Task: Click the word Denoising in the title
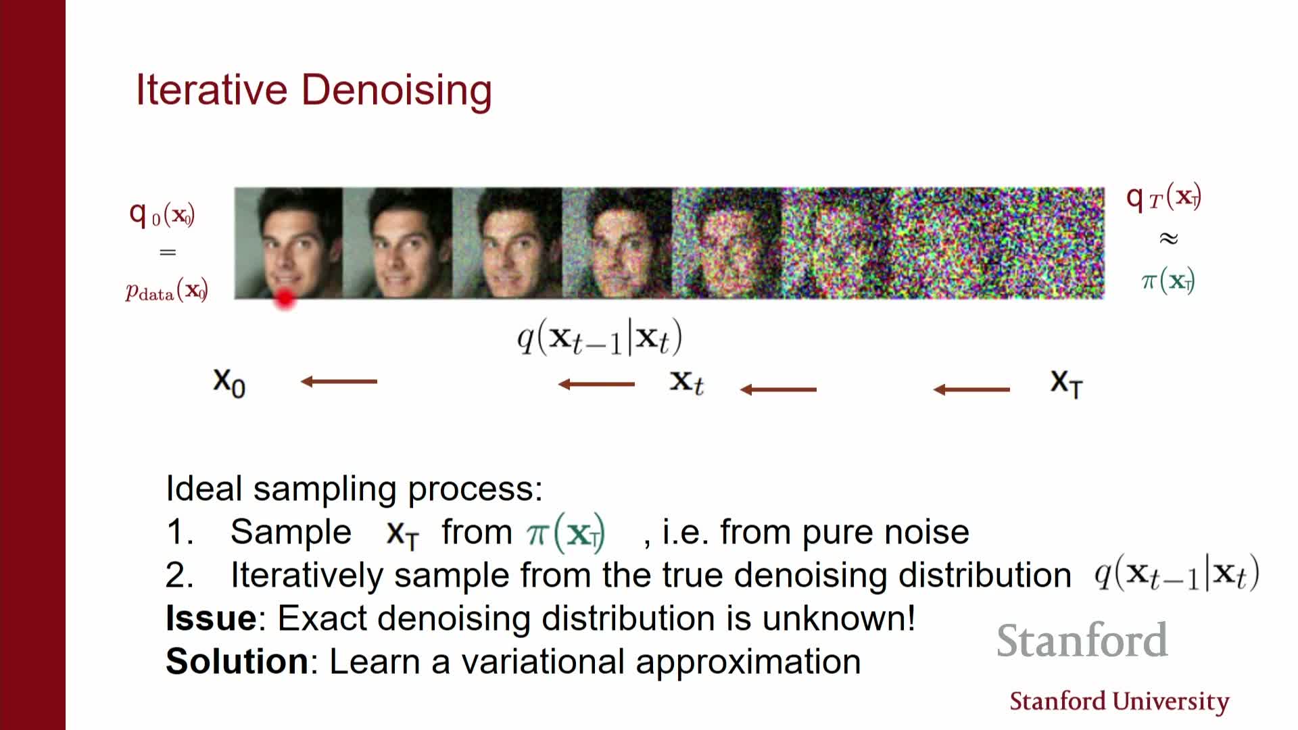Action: point(397,91)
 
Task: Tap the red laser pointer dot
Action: point(285,299)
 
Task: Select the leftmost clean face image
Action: point(289,243)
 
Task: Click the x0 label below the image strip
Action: point(229,383)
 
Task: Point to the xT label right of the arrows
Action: point(1067,383)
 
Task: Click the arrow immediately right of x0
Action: point(339,382)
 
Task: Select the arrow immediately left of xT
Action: point(971,389)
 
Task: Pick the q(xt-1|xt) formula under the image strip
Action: point(600,338)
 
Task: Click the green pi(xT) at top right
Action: point(1168,280)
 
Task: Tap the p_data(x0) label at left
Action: point(166,291)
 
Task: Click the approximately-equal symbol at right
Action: point(1168,238)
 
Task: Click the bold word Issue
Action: point(211,618)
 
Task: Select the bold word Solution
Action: point(237,661)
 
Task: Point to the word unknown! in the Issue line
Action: point(838,618)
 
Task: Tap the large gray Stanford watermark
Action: point(1082,640)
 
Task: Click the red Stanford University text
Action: point(1120,702)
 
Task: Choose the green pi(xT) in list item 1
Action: point(566,533)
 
